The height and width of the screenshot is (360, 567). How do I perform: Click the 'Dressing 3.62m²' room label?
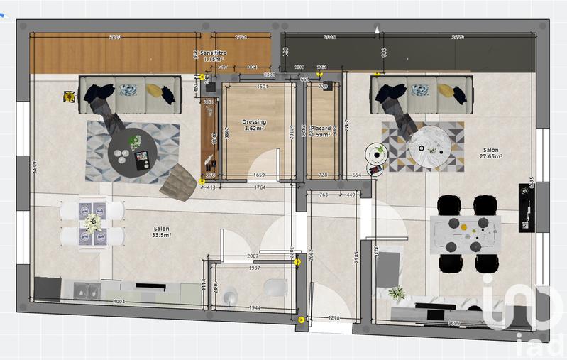tap(253, 125)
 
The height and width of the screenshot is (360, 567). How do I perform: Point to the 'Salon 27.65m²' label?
tap(490, 153)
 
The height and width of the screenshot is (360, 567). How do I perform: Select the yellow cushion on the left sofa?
tap(154, 90)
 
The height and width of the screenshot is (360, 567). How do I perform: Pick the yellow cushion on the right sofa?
tap(446, 90)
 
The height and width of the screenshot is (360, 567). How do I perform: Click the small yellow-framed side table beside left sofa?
tap(70, 97)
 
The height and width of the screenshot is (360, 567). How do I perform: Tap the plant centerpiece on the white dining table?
tap(93, 224)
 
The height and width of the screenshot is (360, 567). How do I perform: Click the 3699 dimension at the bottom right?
tap(454, 323)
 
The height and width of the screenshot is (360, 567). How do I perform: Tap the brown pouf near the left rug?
tap(177, 182)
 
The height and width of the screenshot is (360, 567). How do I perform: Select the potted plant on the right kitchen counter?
tap(397, 293)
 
